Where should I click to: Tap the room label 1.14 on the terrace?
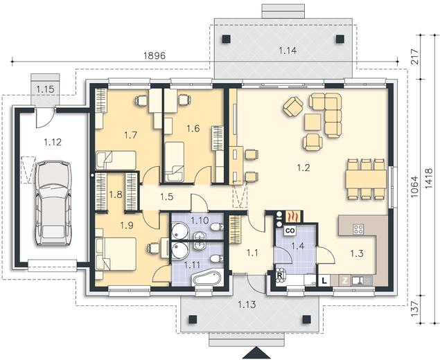pyautogui.click(x=288, y=51)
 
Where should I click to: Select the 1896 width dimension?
pyautogui.click(x=155, y=55)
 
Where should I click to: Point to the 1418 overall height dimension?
pyautogui.click(x=428, y=178)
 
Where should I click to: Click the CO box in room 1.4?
pyautogui.click(x=290, y=231)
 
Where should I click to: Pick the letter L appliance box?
pyautogui.click(x=324, y=280)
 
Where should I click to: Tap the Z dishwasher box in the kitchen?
pyautogui.click(x=345, y=280)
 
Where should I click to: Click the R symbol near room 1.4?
pyautogui.click(x=279, y=276)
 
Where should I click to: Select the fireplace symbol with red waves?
pyautogui.click(x=293, y=216)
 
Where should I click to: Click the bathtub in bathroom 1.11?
pyautogui.click(x=207, y=278)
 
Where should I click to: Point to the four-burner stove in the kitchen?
pyautogui.click(x=358, y=229)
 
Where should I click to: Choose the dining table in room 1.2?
pyautogui.click(x=366, y=179)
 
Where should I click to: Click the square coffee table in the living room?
pyautogui.click(x=313, y=122)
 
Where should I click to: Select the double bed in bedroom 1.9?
pyautogui.click(x=116, y=254)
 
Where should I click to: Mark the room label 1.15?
pyautogui.click(x=45, y=89)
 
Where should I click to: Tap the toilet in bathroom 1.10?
pyautogui.click(x=217, y=227)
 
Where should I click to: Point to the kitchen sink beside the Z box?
pyautogui.click(x=362, y=280)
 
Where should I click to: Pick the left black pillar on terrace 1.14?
pyautogui.click(x=226, y=39)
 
